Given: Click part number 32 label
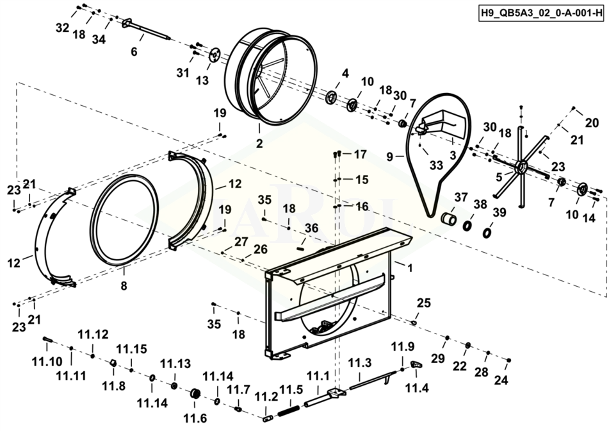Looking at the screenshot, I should (x=62, y=28).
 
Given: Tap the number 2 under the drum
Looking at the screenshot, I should (x=259, y=144).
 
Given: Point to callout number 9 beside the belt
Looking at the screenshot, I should (x=390, y=155).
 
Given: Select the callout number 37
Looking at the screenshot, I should (x=461, y=197).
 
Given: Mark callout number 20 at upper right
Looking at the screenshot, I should (x=592, y=123).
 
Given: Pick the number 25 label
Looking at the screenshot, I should (x=425, y=303).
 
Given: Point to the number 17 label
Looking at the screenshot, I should (x=360, y=155).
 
